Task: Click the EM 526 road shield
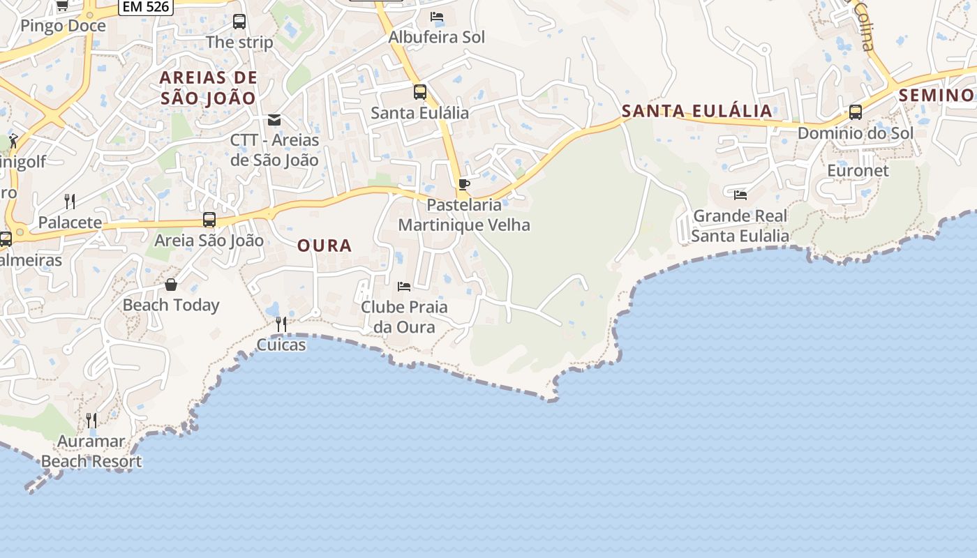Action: [146, 6]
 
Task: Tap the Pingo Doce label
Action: [63, 27]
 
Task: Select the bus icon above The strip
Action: [239, 22]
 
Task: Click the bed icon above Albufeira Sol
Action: [437, 17]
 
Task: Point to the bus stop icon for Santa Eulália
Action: [420, 92]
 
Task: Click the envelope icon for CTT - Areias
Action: [274, 120]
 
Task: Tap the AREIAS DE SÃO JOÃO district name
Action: [209, 87]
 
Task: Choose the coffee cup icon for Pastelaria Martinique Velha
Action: [464, 185]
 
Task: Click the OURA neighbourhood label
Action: [325, 246]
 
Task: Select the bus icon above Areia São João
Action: [209, 220]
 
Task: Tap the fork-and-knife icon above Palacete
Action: [70, 202]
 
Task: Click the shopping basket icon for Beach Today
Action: [171, 285]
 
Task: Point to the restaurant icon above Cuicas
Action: [281, 324]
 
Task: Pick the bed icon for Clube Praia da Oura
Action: [404, 286]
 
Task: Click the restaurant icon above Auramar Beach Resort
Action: [91, 420]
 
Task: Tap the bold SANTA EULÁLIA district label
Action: [696, 110]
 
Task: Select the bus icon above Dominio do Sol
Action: [856, 112]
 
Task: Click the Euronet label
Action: [858, 171]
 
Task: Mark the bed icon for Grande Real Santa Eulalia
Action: [740, 195]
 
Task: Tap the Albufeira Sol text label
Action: [437, 37]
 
